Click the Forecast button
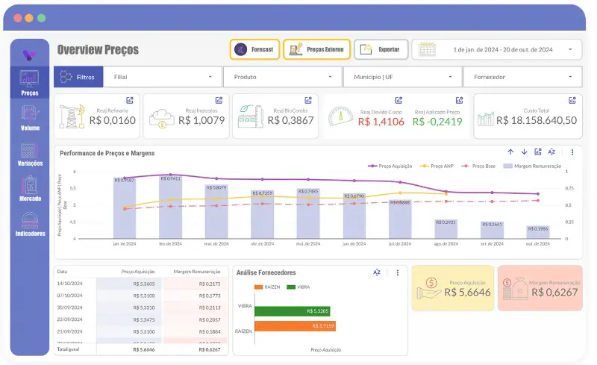coord(254,49)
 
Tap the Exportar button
coord(381,49)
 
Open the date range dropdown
coord(496,49)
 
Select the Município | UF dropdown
coord(402,76)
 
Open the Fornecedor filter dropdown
coord(522,76)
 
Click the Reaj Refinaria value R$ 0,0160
coord(112,120)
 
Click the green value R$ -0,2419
coord(437,122)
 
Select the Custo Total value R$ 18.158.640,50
coord(537,120)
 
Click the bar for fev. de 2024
coord(170,208)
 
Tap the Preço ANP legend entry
coord(439,166)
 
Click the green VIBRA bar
coord(292,311)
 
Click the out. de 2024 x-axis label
coord(538,243)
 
